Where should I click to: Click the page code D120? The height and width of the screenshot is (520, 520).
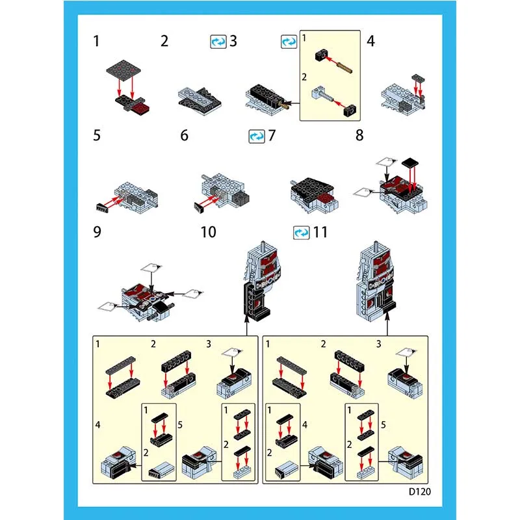pyautogui.click(x=419, y=491)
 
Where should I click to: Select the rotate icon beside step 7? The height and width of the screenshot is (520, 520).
pyautogui.click(x=257, y=136)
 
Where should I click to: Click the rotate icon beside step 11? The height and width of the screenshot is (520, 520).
pyautogui.click(x=302, y=233)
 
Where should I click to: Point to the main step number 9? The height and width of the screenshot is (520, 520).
pyautogui.click(x=97, y=232)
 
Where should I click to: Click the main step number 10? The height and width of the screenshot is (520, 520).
pyautogui.click(x=208, y=232)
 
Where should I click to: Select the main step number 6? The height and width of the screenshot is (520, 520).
pyautogui.click(x=185, y=135)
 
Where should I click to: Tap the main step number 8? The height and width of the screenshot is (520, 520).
pyautogui.click(x=359, y=135)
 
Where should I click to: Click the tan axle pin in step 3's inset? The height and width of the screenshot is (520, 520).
pyautogui.click(x=344, y=68)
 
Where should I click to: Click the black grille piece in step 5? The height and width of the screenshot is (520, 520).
pyautogui.click(x=102, y=207)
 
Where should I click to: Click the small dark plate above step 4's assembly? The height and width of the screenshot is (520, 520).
pyautogui.click(x=418, y=78)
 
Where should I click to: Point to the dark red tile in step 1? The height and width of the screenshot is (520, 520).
pyautogui.click(x=140, y=108)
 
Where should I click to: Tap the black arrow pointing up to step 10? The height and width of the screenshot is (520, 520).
pyautogui.click(x=247, y=326)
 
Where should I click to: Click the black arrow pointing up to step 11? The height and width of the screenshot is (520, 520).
pyautogui.click(x=387, y=324)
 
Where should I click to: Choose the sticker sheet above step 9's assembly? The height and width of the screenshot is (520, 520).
pyautogui.click(x=151, y=268)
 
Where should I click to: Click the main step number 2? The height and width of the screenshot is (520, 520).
pyautogui.click(x=164, y=41)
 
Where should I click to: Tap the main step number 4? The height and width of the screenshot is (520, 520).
pyautogui.click(x=370, y=41)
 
